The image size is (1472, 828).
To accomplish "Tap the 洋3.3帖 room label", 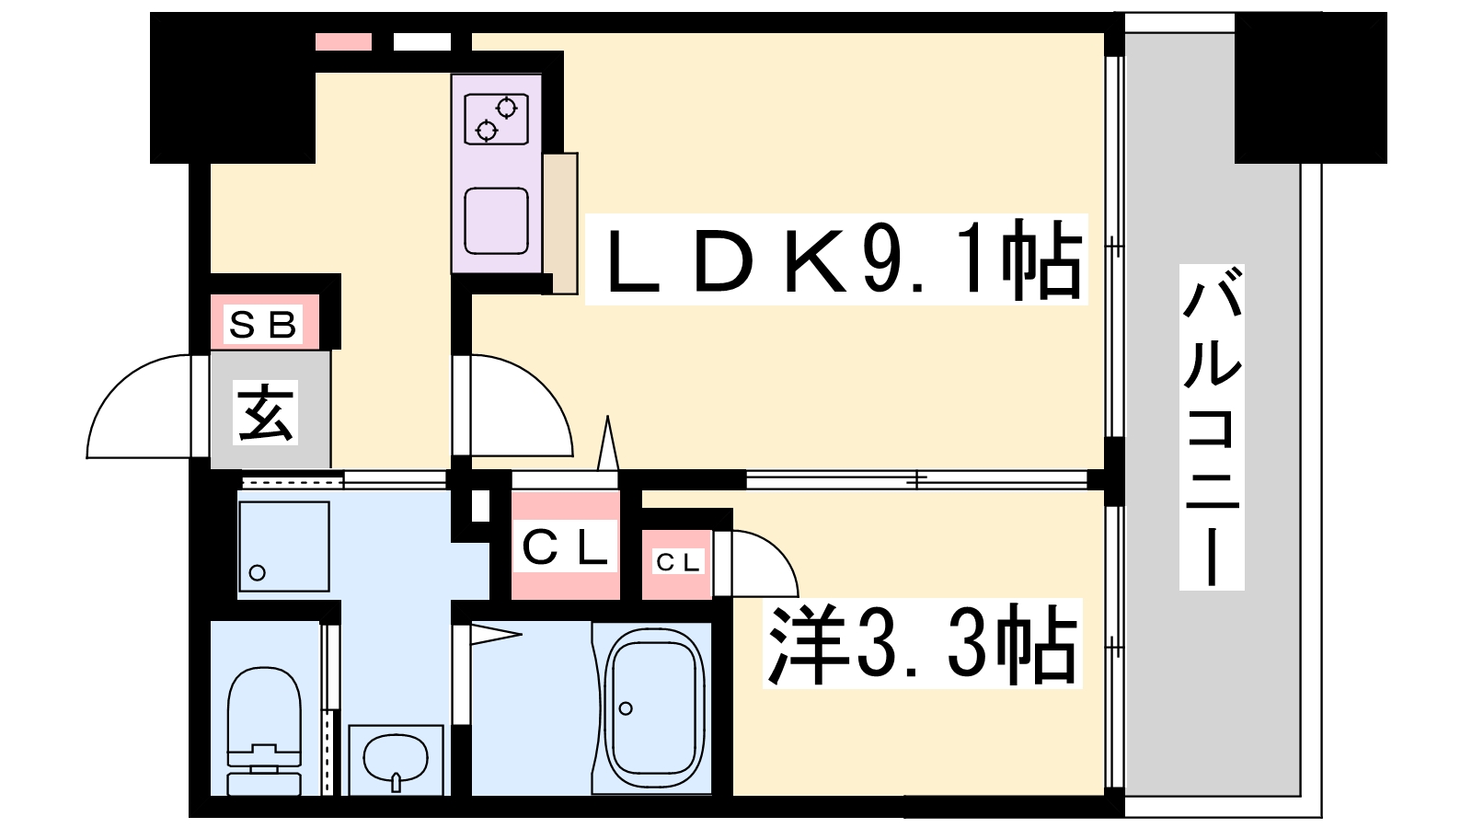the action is pyautogui.click(x=923, y=643).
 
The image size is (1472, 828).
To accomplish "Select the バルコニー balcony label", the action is pyautogui.click(x=1211, y=427).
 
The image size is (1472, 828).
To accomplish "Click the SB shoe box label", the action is pyautogui.click(x=263, y=324).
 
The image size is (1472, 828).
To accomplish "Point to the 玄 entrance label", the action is pyautogui.click(x=265, y=412).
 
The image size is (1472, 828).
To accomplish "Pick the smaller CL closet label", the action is pyautogui.click(x=677, y=562).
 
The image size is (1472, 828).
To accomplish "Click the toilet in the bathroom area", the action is pyautogui.click(x=264, y=730).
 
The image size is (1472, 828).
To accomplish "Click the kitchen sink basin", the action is pyautogui.click(x=496, y=221).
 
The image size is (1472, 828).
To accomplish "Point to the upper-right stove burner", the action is pyautogui.click(x=507, y=107).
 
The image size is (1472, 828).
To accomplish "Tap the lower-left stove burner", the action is pyautogui.click(x=487, y=131).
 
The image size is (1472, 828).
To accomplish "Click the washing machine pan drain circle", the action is pyautogui.click(x=258, y=572).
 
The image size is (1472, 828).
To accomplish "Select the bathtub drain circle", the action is pyautogui.click(x=626, y=708).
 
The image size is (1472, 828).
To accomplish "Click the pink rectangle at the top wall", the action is pyautogui.click(x=343, y=41).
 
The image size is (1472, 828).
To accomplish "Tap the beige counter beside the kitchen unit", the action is pyautogui.click(x=560, y=224).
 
